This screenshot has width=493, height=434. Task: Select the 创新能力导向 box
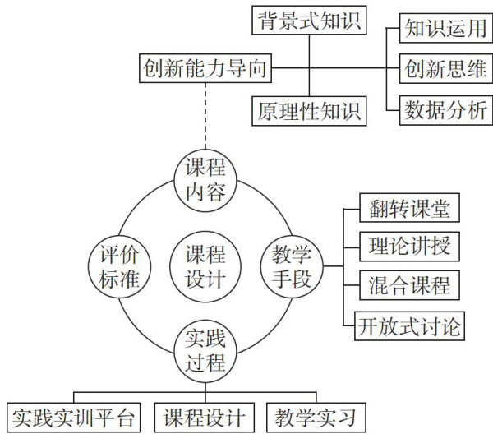[205, 67]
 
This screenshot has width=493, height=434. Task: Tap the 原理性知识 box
[307, 109]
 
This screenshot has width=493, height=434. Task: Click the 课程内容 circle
[205, 181]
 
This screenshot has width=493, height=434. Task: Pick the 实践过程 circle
[205, 350]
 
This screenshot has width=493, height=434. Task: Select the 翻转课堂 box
[408, 208]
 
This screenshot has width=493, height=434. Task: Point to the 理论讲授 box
[408, 246]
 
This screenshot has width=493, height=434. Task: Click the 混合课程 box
[408, 286]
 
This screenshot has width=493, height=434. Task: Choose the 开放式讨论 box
[408, 325]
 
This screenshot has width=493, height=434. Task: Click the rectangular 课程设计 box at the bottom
[205, 416]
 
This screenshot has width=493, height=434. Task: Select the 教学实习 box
[316, 416]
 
